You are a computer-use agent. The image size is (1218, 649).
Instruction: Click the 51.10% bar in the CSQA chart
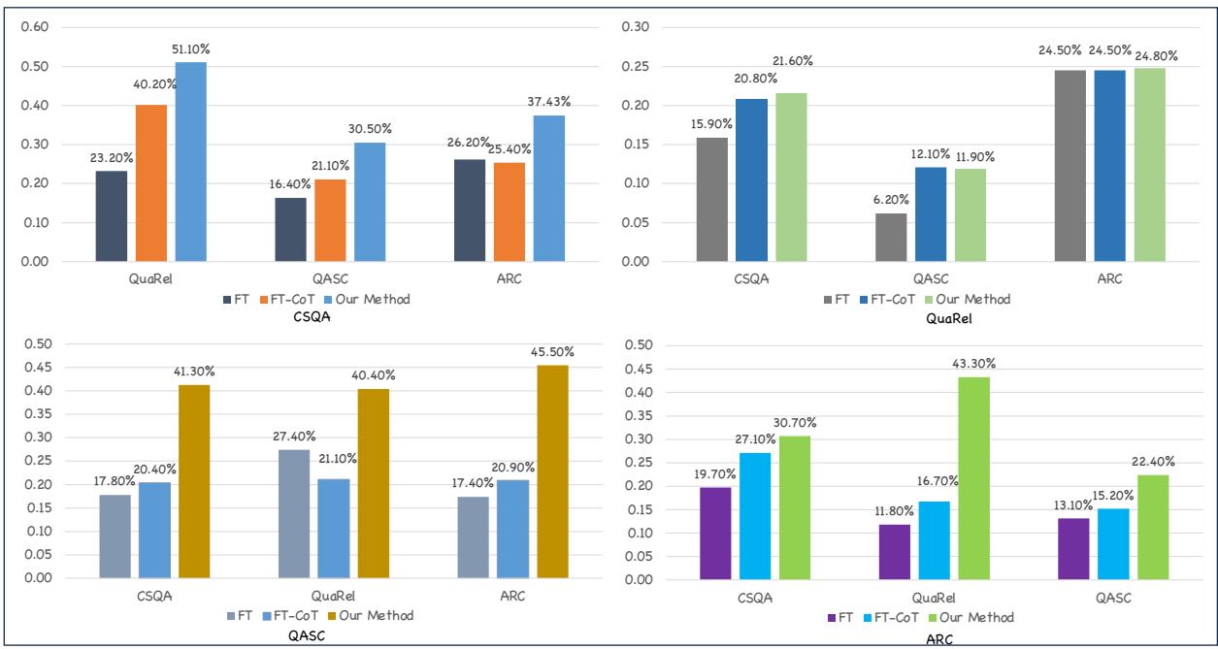[191, 162]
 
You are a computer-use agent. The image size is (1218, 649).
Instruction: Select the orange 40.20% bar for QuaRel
[151, 183]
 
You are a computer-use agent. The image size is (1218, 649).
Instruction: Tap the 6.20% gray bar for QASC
[891, 238]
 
